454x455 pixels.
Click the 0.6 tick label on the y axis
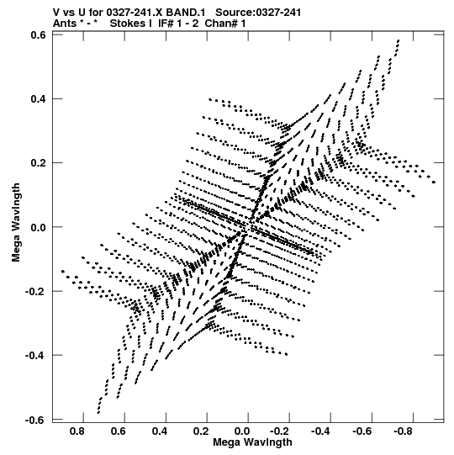point(38,35)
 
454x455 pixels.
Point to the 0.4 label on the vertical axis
point(38,99)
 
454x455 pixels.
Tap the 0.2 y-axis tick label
point(38,163)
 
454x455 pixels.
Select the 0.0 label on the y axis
point(38,227)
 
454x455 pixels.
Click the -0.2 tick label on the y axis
point(35,291)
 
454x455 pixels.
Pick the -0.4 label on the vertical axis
point(35,356)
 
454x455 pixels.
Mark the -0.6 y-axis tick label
point(35,420)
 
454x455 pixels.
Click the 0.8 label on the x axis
point(77,431)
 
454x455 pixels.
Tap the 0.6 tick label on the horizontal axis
point(119,431)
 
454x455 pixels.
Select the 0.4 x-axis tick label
point(160,431)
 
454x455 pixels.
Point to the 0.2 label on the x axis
point(201,431)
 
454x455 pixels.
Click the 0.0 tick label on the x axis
point(242,431)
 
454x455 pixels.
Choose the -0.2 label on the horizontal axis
point(280,431)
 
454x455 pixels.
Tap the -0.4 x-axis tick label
point(321,431)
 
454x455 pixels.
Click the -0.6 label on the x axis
point(362,431)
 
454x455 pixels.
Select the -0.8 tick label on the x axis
point(404,431)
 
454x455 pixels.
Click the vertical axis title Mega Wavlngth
point(16,223)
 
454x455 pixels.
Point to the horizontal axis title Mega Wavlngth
point(252,442)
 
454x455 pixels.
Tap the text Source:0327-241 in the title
point(258,13)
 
